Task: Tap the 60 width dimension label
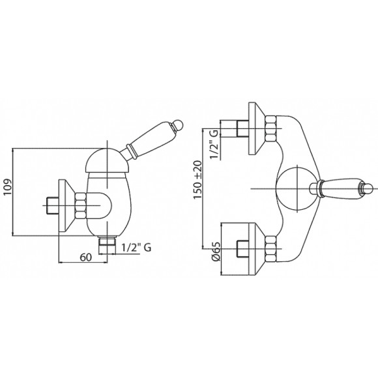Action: point(86,257)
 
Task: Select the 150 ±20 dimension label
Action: point(198,180)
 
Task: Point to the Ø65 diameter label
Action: point(216,251)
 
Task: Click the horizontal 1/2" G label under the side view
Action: point(136,247)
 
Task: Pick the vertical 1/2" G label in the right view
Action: point(214,145)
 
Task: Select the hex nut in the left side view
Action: point(81,205)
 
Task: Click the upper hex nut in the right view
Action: point(270,128)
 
